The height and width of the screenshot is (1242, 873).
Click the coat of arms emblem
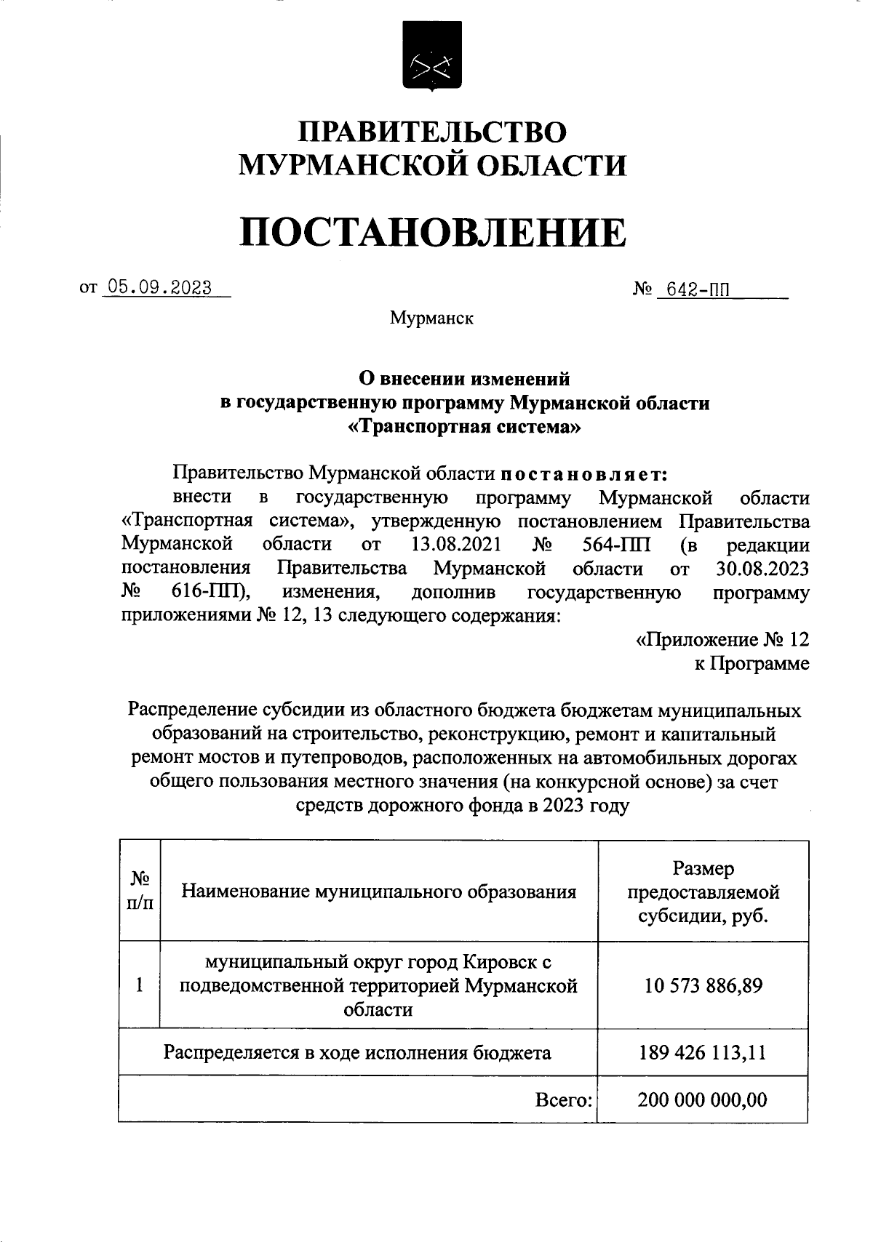click(x=432, y=56)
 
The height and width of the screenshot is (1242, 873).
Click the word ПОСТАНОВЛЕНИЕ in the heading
click(x=432, y=232)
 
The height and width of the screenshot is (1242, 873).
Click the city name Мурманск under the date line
click(x=431, y=318)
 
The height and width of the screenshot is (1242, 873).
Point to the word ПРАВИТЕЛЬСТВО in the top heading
click(x=432, y=132)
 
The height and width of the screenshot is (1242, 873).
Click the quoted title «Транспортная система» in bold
click(x=466, y=427)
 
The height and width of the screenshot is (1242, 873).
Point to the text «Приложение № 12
click(x=722, y=640)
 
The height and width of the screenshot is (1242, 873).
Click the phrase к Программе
click(x=751, y=664)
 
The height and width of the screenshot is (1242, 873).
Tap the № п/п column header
click(x=140, y=892)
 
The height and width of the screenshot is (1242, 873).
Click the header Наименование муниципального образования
click(x=378, y=892)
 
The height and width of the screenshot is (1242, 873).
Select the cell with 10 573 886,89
click(x=703, y=986)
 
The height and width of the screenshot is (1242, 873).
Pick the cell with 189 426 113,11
click(x=703, y=1052)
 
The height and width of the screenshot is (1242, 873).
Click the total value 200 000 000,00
click(x=703, y=1099)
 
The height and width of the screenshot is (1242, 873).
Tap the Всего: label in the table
click(x=564, y=1100)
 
